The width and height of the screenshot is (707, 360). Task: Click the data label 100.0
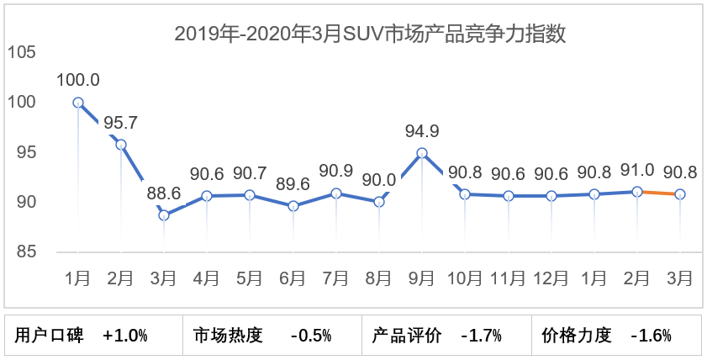coord(78,81)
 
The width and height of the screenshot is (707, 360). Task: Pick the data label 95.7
coord(121,123)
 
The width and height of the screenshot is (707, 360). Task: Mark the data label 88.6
coord(164,193)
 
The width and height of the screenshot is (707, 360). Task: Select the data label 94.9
coord(422,131)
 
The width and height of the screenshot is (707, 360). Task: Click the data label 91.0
coord(637,172)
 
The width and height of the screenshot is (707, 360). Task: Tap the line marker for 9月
coord(422,153)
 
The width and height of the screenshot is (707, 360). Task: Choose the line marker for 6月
coord(293,205)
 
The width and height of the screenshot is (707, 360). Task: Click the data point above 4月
coord(207,196)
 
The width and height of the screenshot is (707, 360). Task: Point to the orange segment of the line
coord(659,193)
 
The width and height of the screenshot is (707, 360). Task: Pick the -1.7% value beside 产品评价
coord(482,336)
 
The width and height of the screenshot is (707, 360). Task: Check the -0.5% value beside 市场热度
coord(311,336)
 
